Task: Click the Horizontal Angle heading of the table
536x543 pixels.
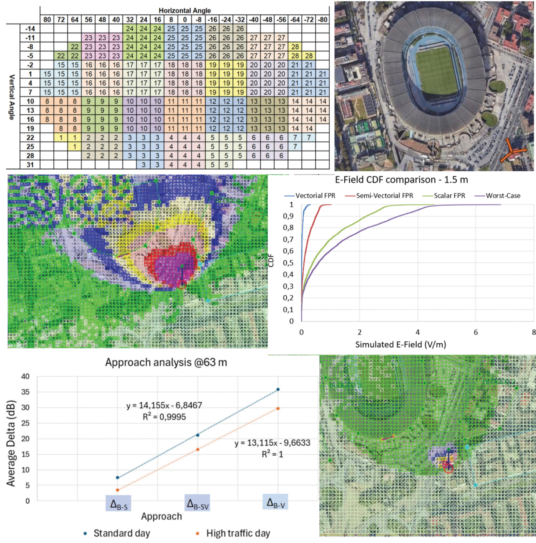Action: coord(185,10)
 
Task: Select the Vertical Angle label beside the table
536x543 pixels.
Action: coord(12,97)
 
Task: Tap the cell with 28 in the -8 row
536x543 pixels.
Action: coord(295,47)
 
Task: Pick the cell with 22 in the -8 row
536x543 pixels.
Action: coord(74,47)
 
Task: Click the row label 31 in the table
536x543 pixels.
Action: coord(30,165)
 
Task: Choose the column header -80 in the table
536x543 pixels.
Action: coord(323,20)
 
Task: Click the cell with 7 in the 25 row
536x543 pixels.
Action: coord(295,147)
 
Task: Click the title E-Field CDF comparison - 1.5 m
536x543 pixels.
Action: coord(401,180)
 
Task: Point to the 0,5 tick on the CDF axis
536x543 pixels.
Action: coord(288,263)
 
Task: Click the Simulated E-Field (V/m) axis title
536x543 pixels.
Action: coord(401,344)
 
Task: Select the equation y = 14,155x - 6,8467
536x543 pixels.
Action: coord(164,405)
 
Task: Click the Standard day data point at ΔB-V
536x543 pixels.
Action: coord(278,389)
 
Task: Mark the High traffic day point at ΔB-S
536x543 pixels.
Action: coord(118,490)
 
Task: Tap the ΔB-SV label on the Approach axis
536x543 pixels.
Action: coord(198,504)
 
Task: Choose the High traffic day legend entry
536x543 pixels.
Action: coord(238,533)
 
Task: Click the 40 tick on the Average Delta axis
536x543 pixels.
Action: coord(25,376)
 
